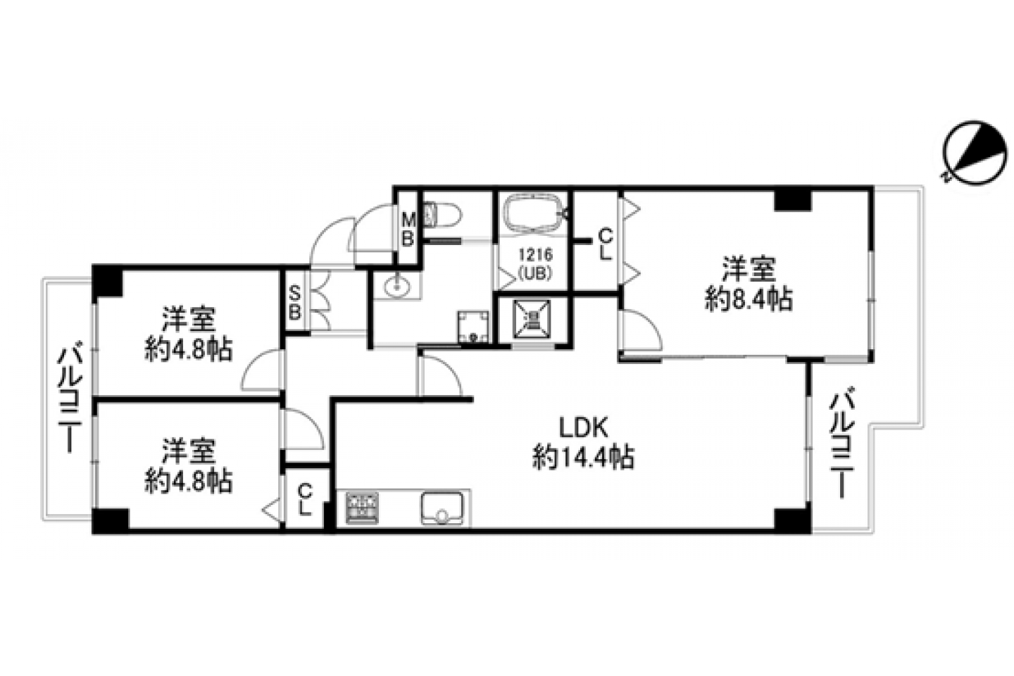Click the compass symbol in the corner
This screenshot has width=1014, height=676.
point(975,153)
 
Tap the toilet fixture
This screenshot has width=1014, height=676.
point(442,215)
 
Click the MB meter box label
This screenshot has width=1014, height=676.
point(408,230)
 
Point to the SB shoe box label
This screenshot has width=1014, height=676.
point(294,303)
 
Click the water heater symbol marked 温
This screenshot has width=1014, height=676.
point(532,319)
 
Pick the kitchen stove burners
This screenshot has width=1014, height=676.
point(362,508)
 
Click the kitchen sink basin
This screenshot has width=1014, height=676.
point(442,508)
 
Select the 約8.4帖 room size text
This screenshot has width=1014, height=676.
point(749,299)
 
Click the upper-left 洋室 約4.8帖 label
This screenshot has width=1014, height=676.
point(188,334)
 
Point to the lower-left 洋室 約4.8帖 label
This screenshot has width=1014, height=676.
point(188,465)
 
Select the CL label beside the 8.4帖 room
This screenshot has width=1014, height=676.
point(606,244)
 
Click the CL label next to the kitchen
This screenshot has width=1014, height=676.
point(305,499)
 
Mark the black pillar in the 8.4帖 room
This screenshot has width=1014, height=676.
point(792,200)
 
